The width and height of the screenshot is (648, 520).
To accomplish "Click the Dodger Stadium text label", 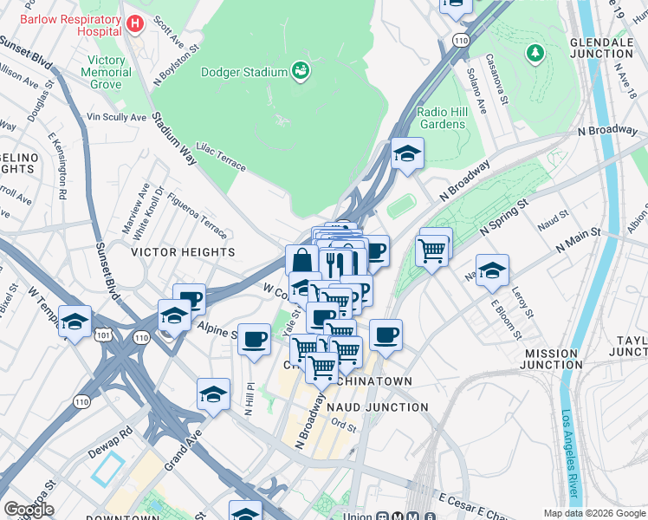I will click(243, 73).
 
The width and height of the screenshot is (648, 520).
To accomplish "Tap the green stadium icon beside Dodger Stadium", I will click(301, 69).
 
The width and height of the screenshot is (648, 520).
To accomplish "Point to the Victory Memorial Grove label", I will click(107, 73).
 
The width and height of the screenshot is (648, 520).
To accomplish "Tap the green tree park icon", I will click(535, 54).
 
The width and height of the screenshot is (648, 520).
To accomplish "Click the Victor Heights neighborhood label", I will click(182, 252).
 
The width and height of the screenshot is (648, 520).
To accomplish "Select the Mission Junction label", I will click(553, 359).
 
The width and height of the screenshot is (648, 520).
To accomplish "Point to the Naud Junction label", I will click(377, 406).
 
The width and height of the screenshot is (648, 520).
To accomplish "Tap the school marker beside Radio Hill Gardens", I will click(407, 153).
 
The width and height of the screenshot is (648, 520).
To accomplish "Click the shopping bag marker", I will click(301, 259).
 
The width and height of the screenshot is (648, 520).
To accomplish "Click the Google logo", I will click(29, 510).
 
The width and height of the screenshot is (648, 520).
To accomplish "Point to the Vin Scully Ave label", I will click(116, 117).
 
